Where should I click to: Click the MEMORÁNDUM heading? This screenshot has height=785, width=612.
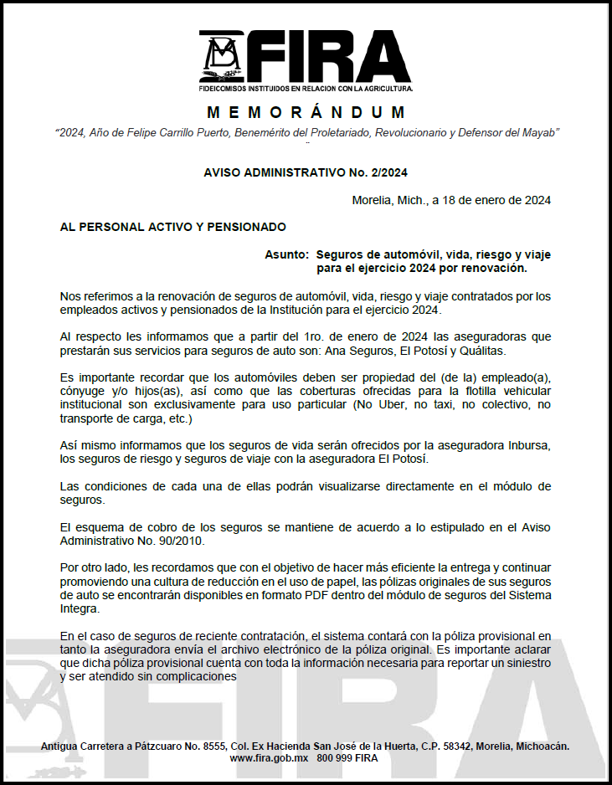(x=306, y=112)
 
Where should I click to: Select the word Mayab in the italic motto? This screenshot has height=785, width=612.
(x=541, y=133)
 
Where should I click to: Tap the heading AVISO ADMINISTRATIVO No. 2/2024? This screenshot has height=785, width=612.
(x=306, y=173)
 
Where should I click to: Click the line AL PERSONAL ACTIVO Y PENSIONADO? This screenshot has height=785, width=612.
(x=173, y=227)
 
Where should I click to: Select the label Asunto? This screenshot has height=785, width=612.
(x=287, y=254)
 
